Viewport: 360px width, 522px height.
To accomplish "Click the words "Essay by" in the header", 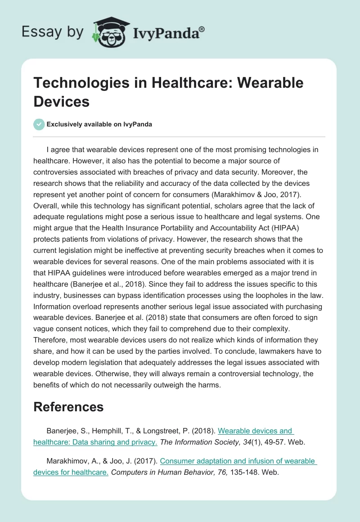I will tap(53, 32).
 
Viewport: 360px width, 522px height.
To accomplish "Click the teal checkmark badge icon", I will tap(39, 124).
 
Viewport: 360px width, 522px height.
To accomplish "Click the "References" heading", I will tap(68, 407).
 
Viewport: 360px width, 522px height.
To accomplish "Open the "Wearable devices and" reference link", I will tap(255, 431).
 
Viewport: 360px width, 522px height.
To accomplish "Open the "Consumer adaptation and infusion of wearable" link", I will tap(238, 461).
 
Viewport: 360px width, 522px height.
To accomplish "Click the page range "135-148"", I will tap(247, 472).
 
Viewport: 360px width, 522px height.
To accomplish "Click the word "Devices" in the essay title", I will tap(61, 101).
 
